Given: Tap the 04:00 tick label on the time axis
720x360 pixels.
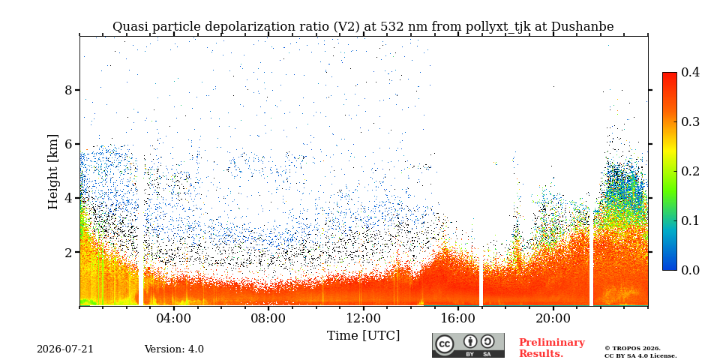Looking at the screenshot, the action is point(174,318).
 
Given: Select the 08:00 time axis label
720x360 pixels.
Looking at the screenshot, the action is point(268,318).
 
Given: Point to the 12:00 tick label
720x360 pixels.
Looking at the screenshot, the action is point(363,318).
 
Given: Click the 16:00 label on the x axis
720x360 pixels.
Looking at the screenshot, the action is point(457,318).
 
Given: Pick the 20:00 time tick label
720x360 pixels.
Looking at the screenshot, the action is point(553,318).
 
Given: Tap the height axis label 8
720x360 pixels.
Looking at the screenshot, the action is point(68,90).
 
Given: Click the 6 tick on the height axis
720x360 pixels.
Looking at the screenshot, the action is point(68,144).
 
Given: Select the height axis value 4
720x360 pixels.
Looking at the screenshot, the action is point(68,198).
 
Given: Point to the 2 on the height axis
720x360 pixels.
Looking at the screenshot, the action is point(68,252).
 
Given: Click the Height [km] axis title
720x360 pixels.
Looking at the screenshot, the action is point(53,172).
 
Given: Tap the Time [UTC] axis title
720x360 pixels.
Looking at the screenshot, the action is point(363,336).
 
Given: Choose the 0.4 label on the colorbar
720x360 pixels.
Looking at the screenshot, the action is point(690,73).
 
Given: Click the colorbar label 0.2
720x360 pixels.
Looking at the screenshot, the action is point(690,171).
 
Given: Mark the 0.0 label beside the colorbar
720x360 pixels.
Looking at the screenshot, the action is point(690,270).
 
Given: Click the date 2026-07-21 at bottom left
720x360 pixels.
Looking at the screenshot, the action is point(65,349).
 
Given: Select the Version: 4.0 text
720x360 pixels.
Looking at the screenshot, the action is point(174,349).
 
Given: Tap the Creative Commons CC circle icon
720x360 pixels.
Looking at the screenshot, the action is point(445,344).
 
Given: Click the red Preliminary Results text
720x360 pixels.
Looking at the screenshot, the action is point(552,347).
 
